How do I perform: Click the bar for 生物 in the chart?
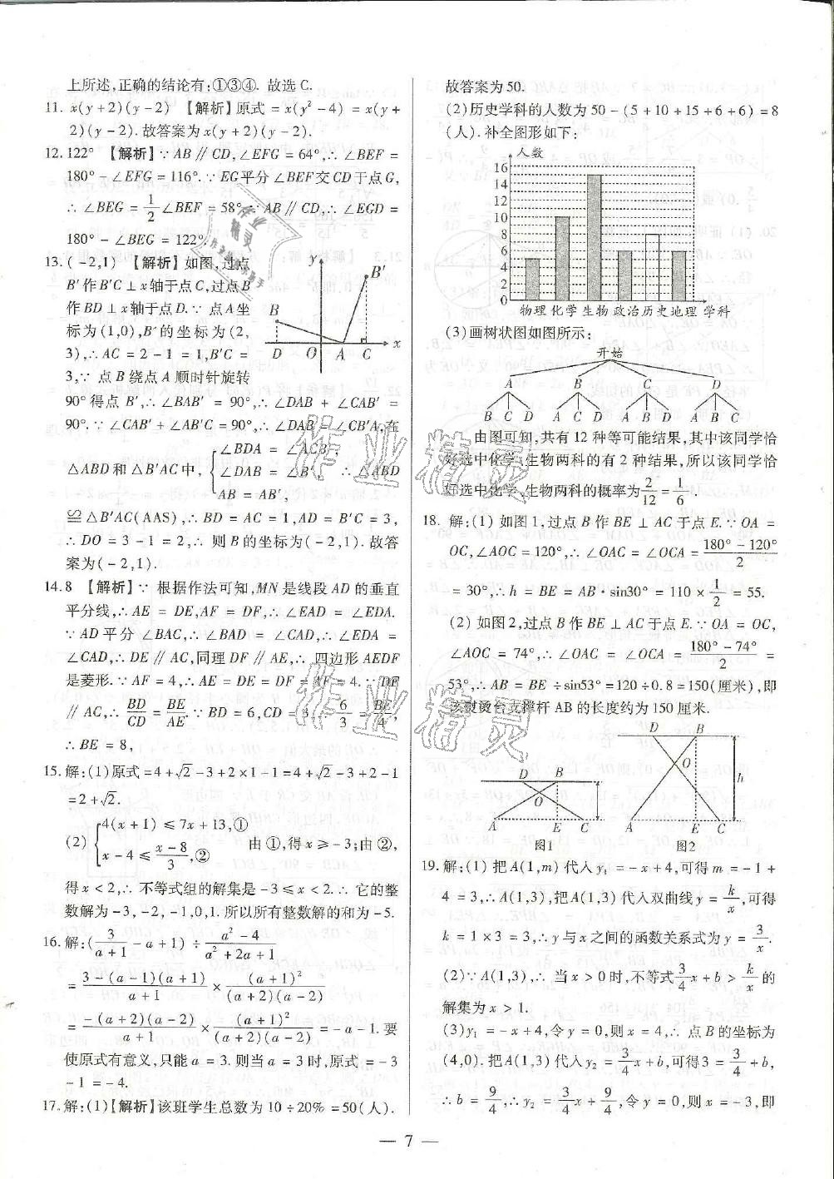[594, 239]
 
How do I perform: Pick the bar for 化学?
[563, 259]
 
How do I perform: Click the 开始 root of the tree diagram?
[609, 353]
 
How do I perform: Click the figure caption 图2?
[687, 845]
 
